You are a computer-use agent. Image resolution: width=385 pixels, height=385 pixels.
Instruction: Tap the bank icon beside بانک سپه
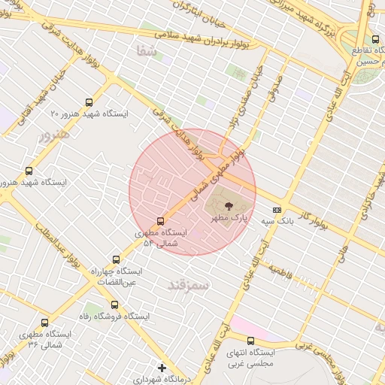[277, 210]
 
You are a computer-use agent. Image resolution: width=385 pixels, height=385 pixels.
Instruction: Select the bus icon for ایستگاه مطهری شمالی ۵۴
[160, 221]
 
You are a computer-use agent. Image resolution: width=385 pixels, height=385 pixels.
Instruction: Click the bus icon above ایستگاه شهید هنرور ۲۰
[90, 102]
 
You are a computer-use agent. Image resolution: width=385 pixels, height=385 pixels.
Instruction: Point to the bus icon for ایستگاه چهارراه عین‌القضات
[114, 259]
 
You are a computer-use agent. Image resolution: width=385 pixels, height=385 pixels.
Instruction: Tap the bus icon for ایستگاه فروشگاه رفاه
[114, 305]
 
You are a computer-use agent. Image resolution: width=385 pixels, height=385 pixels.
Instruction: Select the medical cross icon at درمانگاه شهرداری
[162, 368]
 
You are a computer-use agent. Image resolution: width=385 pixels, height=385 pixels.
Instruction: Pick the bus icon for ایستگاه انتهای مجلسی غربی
[250, 341]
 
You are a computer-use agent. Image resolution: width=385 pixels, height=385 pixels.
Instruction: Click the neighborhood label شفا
[147, 51]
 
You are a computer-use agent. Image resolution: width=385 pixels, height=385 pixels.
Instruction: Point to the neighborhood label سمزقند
[188, 284]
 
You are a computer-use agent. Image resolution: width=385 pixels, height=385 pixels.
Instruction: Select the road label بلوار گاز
[313, 217]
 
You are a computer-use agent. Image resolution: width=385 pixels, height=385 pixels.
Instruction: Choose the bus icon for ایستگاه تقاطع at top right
[375, 39]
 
